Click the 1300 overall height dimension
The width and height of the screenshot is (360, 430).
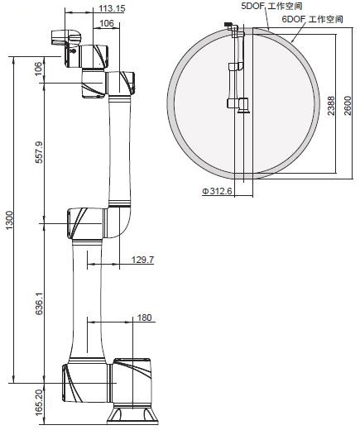(10, 220)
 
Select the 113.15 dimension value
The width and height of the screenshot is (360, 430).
(112, 8)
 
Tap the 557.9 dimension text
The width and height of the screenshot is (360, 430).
(40, 152)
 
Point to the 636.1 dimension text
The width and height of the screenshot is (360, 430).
(40, 303)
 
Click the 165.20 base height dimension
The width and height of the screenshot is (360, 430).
(40, 402)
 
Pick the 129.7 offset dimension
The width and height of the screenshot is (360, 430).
(142, 260)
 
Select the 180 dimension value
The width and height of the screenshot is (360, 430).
(144, 318)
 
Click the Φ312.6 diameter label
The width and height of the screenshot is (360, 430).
(217, 191)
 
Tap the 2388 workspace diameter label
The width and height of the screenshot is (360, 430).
(331, 106)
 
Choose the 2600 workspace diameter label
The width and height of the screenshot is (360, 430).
(348, 106)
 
